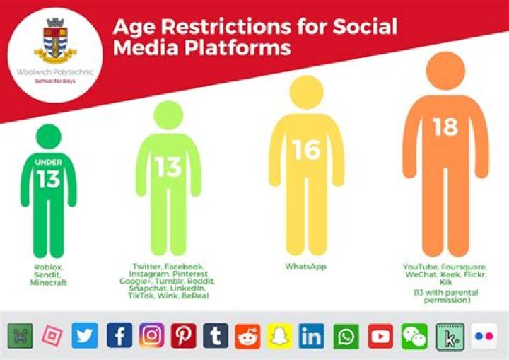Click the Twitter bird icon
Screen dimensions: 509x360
84,336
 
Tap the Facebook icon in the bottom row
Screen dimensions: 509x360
119,336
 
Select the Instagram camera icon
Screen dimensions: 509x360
151,336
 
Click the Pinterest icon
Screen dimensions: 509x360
183,336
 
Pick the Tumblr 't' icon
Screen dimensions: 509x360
216,336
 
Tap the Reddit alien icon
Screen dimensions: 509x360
247,336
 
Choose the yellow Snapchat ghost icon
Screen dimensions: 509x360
279,336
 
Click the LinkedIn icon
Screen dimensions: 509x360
311,336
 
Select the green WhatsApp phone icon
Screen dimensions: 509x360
346,336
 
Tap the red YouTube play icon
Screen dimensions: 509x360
380,336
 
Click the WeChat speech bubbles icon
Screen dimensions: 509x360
414,336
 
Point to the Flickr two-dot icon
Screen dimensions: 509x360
484,336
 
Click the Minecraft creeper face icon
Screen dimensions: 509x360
20,336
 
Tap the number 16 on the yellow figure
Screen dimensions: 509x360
306,150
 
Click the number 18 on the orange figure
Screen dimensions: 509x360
445,127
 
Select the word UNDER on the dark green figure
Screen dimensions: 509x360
48,162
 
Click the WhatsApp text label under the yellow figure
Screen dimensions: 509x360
306,267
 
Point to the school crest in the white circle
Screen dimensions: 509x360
56,40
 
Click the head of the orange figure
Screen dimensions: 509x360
445,71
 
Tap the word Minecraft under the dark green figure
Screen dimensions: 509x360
48,283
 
